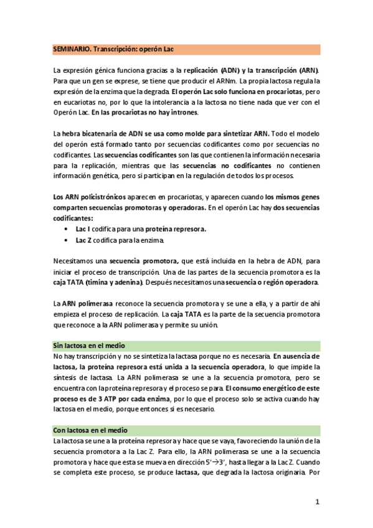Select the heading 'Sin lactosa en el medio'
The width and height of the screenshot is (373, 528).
(x=89, y=345)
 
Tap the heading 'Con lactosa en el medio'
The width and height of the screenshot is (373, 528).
(x=90, y=430)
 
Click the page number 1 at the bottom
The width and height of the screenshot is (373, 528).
(x=317, y=502)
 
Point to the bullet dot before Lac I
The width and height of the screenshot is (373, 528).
(x=67, y=229)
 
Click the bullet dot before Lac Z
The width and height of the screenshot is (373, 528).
(x=67, y=239)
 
